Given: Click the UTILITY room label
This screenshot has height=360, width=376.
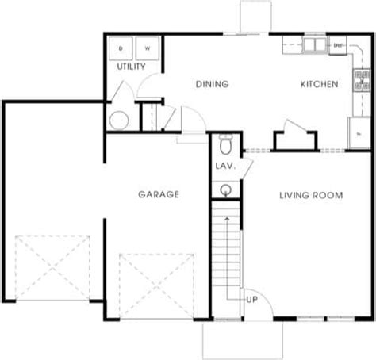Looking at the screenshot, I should tap(132, 67).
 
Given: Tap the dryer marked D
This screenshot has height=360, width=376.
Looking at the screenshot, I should tap(121, 48).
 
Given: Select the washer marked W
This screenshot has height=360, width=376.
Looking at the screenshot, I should tap(147, 48).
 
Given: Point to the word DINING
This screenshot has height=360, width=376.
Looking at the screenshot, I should tap(212, 84).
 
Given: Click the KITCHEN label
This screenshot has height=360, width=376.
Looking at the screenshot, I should tap(320, 84).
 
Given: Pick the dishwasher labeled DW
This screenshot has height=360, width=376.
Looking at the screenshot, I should tap(339, 45).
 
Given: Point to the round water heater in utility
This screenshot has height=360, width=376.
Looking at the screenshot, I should tap(118, 121).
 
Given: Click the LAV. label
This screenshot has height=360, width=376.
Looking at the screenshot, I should tap(223, 167).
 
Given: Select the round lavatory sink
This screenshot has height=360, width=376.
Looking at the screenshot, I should tap(226, 190).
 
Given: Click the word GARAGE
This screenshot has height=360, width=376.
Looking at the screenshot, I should tap(159, 194).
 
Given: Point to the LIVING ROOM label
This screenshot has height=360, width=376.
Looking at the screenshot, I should tap(310, 194).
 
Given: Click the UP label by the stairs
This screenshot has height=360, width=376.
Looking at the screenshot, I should tap(251, 300).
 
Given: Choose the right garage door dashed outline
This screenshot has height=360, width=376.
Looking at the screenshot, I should tap(157, 285).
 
